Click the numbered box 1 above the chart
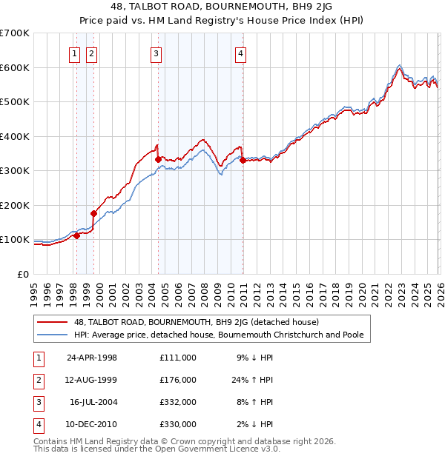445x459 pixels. (76, 53)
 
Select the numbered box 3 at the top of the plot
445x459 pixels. (156, 53)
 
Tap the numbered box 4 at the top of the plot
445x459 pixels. (242, 53)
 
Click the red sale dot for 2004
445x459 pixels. (158, 159)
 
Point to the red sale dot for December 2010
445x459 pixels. (243, 160)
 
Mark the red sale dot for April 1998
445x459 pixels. (76, 235)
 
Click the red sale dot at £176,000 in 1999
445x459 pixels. (93, 213)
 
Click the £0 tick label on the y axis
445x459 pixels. (23, 274)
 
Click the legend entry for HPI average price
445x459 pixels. (219, 335)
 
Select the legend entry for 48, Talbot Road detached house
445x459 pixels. (196, 322)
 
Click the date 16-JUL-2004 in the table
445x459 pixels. (92, 401)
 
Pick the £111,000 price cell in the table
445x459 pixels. (177, 358)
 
